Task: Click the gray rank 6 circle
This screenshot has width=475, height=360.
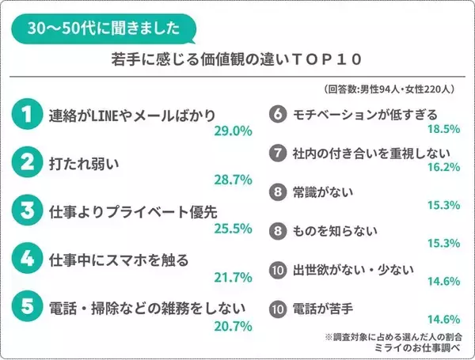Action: pos(276,115)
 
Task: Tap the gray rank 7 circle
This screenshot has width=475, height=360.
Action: pos(276,153)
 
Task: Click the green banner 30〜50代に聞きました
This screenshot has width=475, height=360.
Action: pos(104,29)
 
